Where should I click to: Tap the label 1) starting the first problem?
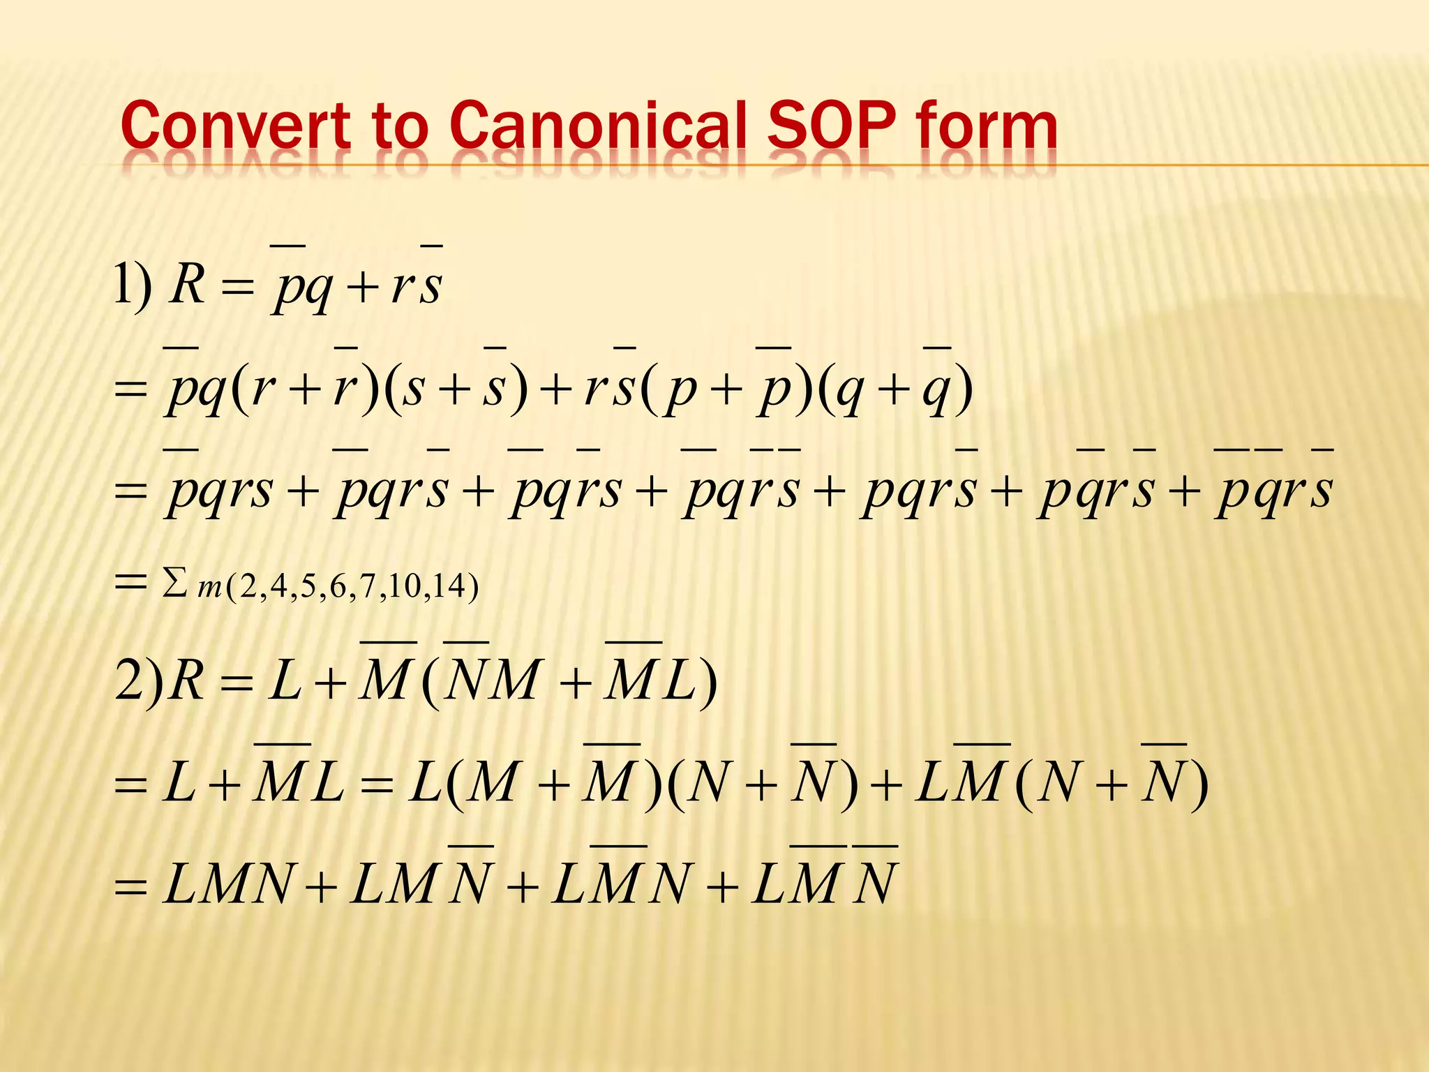[133, 285]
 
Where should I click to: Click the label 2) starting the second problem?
[138, 680]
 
